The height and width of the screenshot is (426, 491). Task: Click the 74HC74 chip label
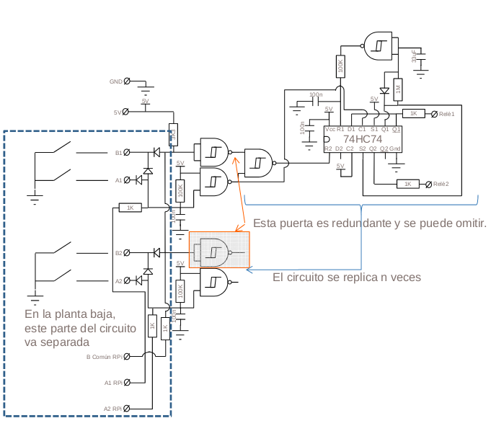coord(363,138)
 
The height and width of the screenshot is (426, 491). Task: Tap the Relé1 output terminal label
coord(447,114)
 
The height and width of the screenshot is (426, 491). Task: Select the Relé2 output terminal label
coord(441,185)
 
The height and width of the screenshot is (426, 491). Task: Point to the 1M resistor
coord(397,89)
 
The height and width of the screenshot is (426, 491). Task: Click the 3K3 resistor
coord(173,134)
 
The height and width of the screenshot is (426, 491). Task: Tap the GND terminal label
coord(115,81)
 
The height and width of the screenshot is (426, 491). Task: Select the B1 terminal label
coord(119,153)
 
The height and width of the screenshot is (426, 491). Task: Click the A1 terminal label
coord(119,180)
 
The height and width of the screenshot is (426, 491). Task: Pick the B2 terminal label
coord(119,253)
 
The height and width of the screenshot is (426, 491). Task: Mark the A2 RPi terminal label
coord(112,409)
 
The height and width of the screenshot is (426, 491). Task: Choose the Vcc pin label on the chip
coord(329,129)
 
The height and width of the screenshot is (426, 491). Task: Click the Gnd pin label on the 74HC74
coord(395,148)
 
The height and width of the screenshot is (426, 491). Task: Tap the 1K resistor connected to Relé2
coord(407,185)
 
